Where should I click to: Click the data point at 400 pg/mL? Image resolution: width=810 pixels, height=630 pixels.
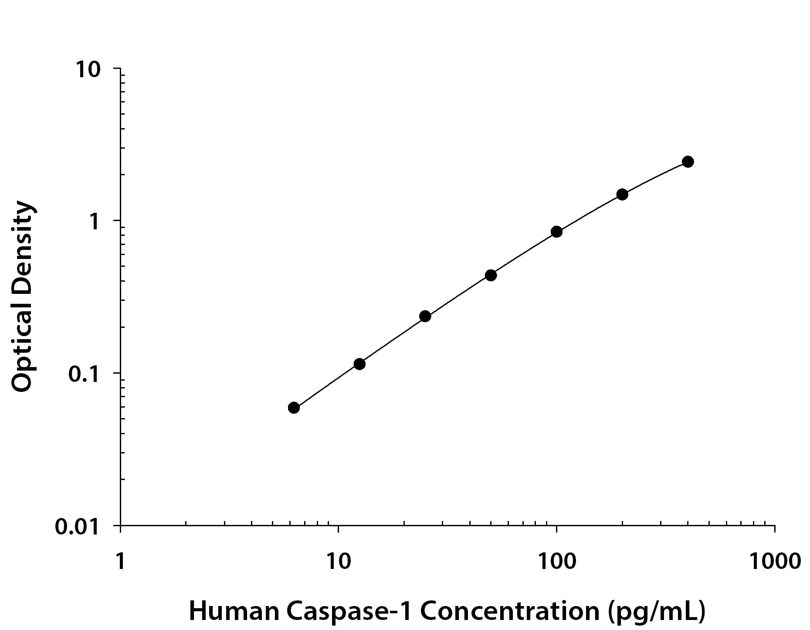tap(688, 162)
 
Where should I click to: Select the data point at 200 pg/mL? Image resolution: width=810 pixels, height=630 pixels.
tap(622, 194)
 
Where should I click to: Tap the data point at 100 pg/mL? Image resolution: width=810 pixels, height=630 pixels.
tap(556, 232)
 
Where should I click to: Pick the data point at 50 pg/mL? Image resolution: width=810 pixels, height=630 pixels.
tap(491, 275)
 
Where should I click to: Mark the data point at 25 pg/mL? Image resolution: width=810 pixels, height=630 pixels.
tap(425, 316)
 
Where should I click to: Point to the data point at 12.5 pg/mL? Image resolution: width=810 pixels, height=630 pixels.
tap(359, 364)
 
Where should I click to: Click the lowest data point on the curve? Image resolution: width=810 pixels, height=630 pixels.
tap(294, 408)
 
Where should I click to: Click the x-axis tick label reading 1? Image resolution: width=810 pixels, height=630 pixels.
tap(120, 562)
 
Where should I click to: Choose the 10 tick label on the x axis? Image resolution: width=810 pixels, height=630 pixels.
tap(338, 562)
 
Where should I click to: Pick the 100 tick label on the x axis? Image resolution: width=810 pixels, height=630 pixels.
tap(556, 562)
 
